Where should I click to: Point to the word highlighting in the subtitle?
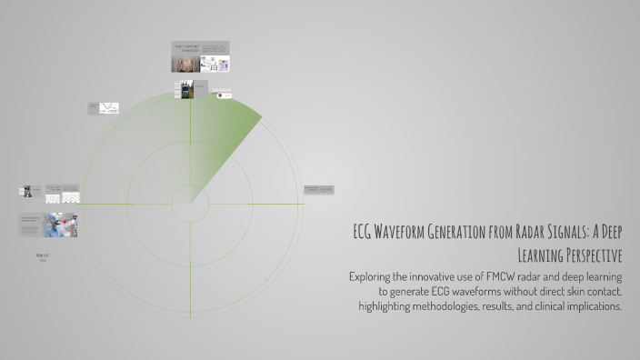389,306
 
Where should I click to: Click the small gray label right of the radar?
318,190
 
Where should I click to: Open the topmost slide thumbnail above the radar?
200,55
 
